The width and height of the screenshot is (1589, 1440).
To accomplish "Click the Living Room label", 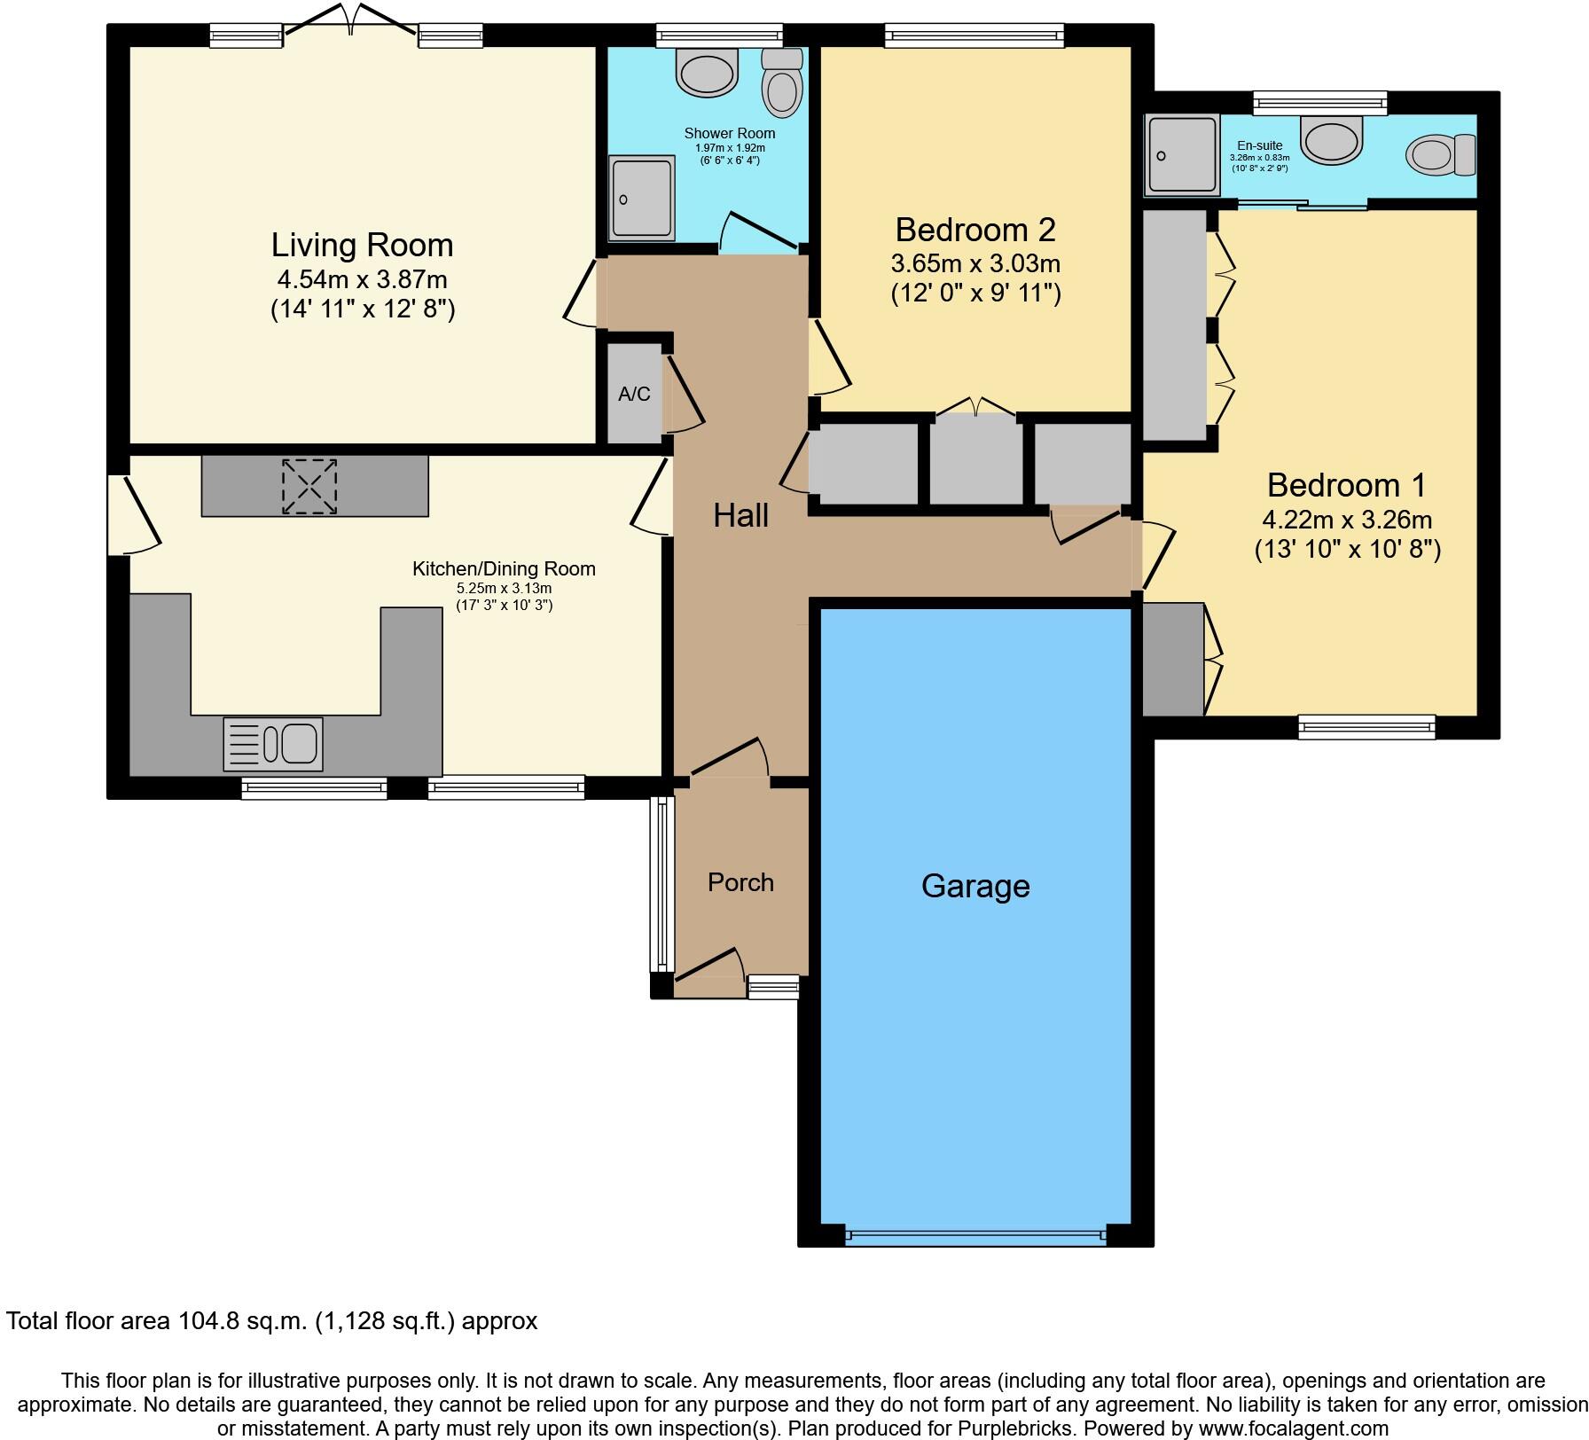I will (362, 246).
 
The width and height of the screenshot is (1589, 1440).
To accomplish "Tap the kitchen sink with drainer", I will (273, 743).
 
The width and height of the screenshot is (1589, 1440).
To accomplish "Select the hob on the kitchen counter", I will (309, 486).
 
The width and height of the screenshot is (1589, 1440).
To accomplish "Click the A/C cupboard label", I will (634, 394).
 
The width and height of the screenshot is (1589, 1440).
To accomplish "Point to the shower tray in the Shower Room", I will (641, 199).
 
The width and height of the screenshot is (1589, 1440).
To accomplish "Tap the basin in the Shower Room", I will (707, 71).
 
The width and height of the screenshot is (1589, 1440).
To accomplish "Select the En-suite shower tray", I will (1183, 155).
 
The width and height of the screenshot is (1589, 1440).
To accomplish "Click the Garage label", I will (975, 886).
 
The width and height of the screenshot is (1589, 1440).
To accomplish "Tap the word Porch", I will (740, 882).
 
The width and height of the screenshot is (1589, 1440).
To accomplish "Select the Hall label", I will (740, 515).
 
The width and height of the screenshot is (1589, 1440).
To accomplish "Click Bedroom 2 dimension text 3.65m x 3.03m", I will (975, 264).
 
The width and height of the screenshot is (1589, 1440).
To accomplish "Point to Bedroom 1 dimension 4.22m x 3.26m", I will (1347, 520).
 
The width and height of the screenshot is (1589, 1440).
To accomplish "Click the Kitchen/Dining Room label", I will (504, 569).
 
